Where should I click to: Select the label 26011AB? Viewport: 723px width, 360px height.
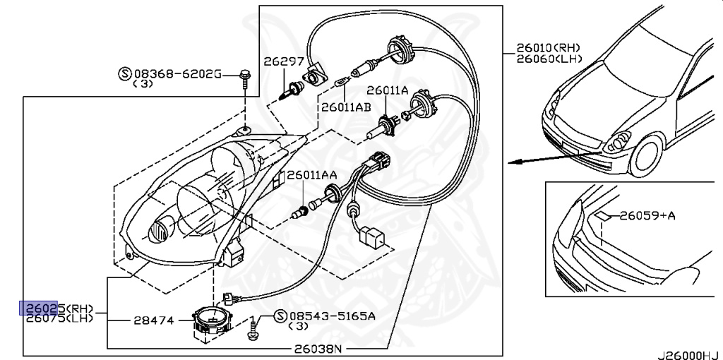click(346, 107)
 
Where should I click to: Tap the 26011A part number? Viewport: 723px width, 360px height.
click(387, 90)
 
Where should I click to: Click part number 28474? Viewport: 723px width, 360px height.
click(153, 320)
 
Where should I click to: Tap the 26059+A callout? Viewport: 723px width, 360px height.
click(647, 215)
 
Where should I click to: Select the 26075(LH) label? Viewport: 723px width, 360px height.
click(58, 319)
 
